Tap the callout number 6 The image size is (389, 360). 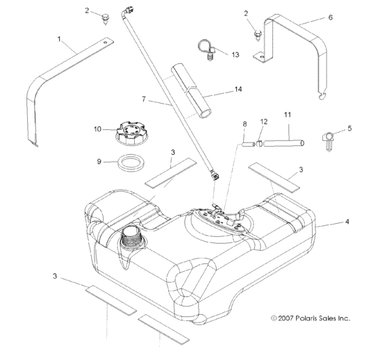tap(330, 17)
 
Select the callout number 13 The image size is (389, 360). tap(235, 54)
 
